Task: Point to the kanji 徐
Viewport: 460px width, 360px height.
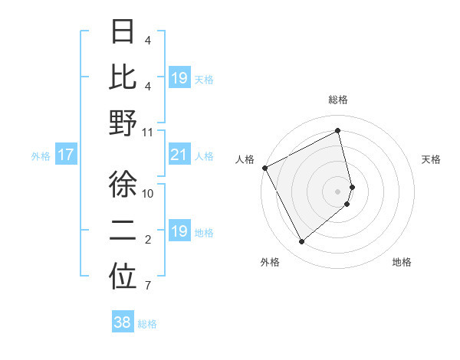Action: tap(123, 185)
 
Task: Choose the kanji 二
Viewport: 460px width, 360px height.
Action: tap(123, 231)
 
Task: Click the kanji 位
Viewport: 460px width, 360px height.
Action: tap(123, 277)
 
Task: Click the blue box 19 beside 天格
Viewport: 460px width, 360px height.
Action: tap(179, 77)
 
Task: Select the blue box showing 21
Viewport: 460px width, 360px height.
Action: tap(179, 155)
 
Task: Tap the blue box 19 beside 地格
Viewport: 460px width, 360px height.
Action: tap(179, 231)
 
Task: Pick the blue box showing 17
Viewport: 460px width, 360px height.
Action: tap(66, 155)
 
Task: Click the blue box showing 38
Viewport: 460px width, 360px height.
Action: tap(123, 322)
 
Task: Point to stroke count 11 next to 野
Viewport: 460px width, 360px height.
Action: tap(148, 132)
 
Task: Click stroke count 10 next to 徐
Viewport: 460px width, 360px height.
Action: tap(148, 193)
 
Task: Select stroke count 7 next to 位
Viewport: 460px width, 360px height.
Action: tap(147, 286)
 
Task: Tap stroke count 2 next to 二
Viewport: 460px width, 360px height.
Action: tap(147, 241)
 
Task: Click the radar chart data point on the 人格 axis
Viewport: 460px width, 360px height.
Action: tap(264, 168)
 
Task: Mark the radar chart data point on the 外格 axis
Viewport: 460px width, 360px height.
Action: tap(301, 242)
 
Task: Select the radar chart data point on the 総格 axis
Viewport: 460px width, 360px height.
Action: tap(338, 130)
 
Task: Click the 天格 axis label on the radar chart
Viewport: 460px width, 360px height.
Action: tap(431, 159)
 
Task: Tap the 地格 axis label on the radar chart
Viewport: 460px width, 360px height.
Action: tap(402, 262)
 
